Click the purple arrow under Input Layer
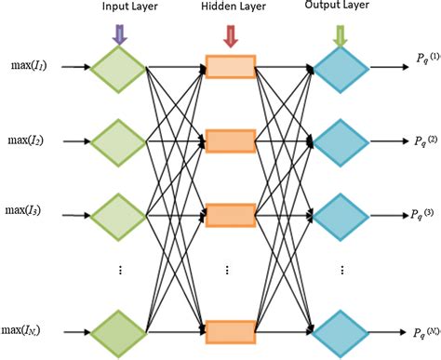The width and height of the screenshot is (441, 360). click(x=118, y=33)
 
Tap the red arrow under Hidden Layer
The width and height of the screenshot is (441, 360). click(x=231, y=33)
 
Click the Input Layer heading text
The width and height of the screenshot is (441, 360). click(x=118, y=9)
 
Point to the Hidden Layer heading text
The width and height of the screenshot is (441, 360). click(x=230, y=9)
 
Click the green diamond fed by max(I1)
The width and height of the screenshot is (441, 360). click(x=118, y=69)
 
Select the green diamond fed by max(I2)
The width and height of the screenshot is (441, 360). click(x=118, y=141)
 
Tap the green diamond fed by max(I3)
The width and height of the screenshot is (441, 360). click(x=118, y=214)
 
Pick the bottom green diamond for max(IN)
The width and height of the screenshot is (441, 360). click(x=118, y=330)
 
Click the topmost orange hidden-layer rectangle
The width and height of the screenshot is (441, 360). click(x=230, y=69)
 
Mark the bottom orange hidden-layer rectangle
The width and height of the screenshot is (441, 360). click(x=230, y=330)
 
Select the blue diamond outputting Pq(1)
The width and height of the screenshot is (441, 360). click(x=341, y=69)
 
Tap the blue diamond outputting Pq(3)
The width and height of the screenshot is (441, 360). click(x=341, y=214)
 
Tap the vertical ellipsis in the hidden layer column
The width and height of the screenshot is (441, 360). click(x=230, y=272)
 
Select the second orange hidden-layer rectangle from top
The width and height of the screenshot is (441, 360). click(x=230, y=141)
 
